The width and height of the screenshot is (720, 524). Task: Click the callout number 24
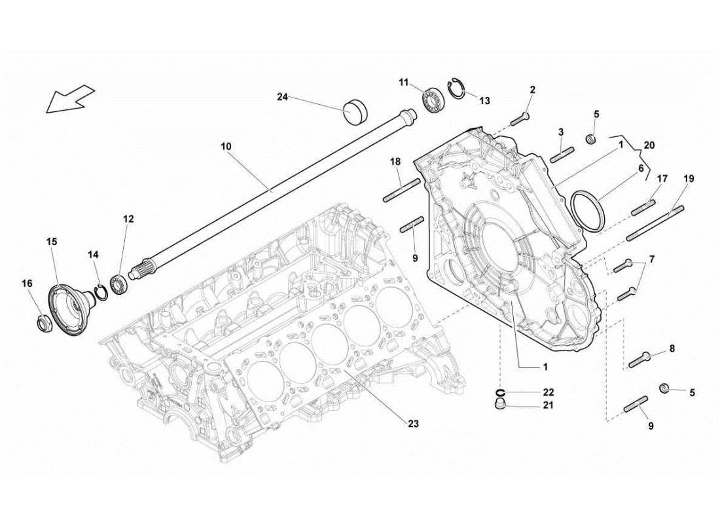pos(282,97)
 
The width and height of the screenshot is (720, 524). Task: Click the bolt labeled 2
pos(521,119)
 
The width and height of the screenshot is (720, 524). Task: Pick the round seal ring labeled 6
pos(588,210)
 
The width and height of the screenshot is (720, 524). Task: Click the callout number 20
pos(649,145)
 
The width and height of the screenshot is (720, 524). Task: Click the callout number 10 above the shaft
pos(226,146)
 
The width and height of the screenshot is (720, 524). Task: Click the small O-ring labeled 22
pos(501,392)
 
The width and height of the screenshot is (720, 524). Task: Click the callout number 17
pos(662,178)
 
